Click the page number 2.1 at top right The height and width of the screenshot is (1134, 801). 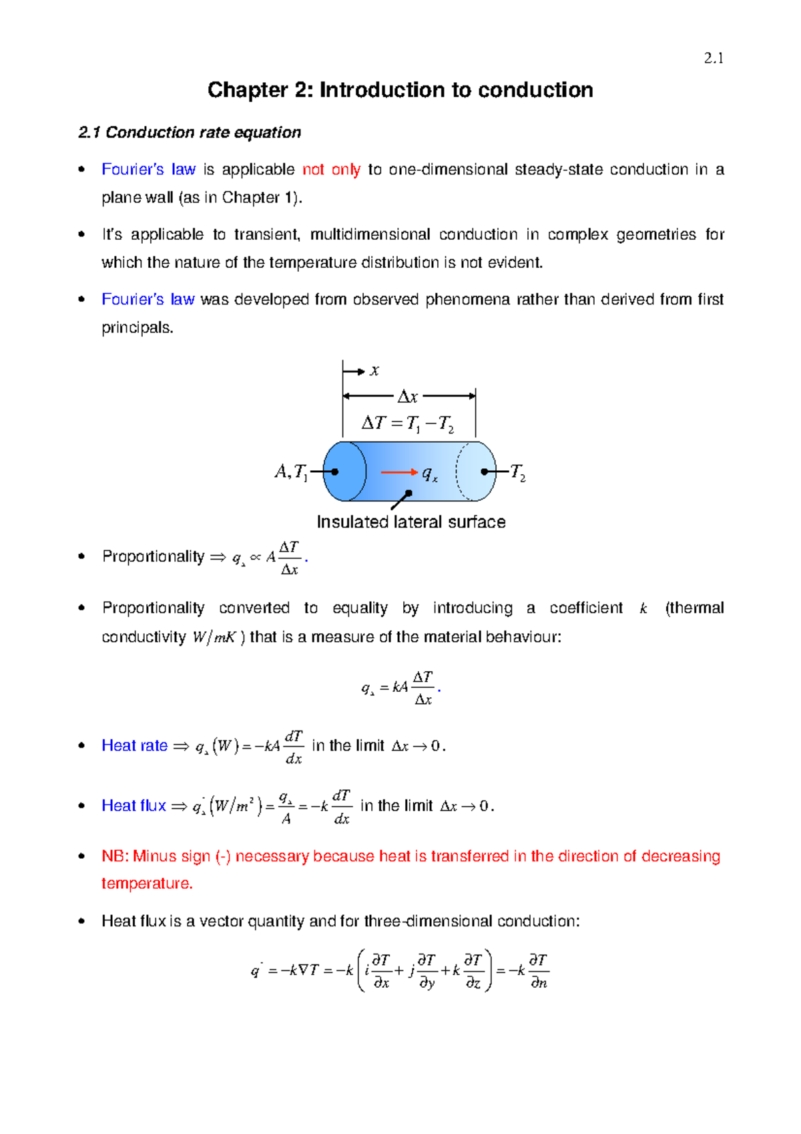(x=714, y=59)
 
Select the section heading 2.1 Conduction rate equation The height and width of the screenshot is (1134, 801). (x=190, y=132)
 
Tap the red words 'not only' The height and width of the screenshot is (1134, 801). (x=331, y=170)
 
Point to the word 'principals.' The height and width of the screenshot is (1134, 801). (x=137, y=328)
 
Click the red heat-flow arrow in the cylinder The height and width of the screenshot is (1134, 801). (x=398, y=472)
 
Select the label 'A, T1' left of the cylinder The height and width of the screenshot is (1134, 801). (x=290, y=472)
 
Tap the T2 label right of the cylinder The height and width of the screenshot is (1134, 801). (x=518, y=473)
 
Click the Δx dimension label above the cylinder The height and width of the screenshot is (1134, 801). (x=407, y=397)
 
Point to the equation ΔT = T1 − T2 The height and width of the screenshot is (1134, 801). (x=407, y=423)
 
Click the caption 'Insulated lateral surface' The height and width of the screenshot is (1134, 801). (x=411, y=522)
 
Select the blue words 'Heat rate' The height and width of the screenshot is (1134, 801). (x=134, y=745)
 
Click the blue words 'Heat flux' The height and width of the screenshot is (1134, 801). (x=133, y=805)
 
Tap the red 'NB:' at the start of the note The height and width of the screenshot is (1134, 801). (x=115, y=856)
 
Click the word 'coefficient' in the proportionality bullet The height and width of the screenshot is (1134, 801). (x=585, y=608)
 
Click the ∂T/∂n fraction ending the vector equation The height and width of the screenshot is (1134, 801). (x=537, y=971)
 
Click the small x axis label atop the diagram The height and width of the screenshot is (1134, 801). (x=374, y=371)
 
